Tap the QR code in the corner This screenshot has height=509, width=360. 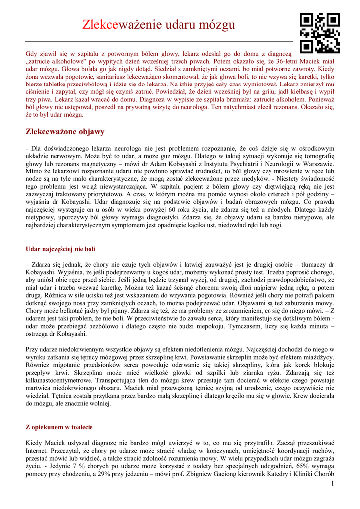pos(320,33)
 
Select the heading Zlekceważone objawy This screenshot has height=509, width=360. pos(65,132)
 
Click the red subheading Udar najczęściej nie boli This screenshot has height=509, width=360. pos(60,248)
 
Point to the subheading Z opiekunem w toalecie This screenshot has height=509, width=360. pos(59,427)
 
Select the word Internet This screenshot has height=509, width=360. pos(38,450)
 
